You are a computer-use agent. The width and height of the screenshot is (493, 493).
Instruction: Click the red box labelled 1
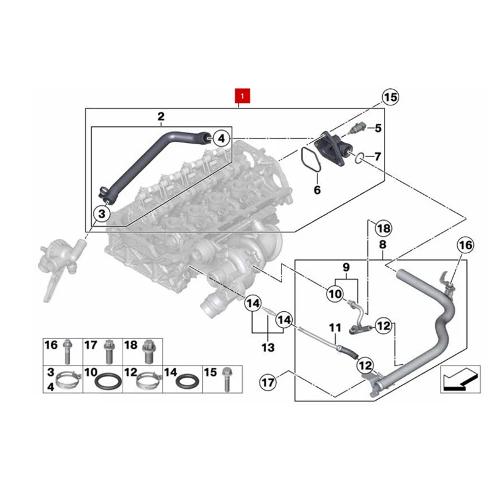coord(242,96)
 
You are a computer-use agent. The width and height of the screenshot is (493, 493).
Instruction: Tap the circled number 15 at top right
coord(390,97)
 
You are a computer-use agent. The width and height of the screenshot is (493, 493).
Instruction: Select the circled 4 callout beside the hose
coord(222,138)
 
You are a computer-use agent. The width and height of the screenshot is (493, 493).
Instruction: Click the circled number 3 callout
coord(102,214)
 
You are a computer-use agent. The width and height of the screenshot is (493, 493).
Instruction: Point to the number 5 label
coord(378,128)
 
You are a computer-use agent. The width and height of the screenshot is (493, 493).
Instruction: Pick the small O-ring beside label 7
coord(359,158)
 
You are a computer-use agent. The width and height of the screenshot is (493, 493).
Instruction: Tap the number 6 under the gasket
coord(317,190)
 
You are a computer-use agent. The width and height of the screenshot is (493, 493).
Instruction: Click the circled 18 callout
coord(383,229)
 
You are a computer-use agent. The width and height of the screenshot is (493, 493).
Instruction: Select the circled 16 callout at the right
coord(466,245)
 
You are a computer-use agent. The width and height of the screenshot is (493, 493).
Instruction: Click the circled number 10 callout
coord(335,294)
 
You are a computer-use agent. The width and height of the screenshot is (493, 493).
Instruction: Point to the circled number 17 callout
coord(268,383)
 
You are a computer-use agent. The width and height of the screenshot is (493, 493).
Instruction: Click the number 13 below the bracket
coord(268,348)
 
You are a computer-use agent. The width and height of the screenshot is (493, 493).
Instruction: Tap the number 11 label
coord(335,328)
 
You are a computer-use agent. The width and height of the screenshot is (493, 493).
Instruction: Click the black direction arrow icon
coord(460,380)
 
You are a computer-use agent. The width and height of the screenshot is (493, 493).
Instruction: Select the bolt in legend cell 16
coord(67,351)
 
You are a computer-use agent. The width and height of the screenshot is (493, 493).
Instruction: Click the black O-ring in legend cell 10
coord(108,381)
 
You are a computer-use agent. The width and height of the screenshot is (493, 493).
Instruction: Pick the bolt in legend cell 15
coord(226,380)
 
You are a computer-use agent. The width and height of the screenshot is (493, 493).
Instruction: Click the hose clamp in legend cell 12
coord(149,380)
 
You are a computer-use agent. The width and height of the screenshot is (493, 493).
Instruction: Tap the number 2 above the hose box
coord(161,116)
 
